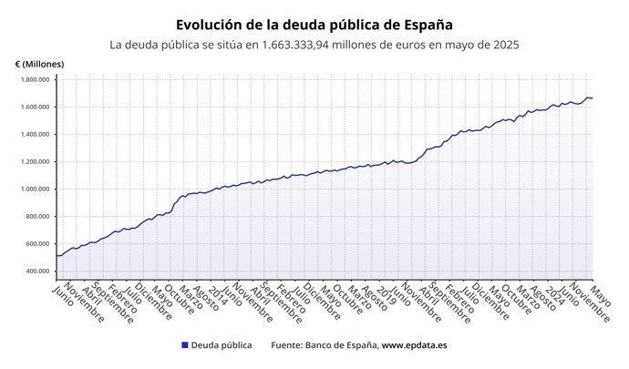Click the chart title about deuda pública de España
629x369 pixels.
click(x=314, y=25)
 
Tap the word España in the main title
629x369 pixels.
click(x=424, y=25)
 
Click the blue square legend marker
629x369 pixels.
click(x=185, y=346)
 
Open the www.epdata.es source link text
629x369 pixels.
click(x=414, y=346)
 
